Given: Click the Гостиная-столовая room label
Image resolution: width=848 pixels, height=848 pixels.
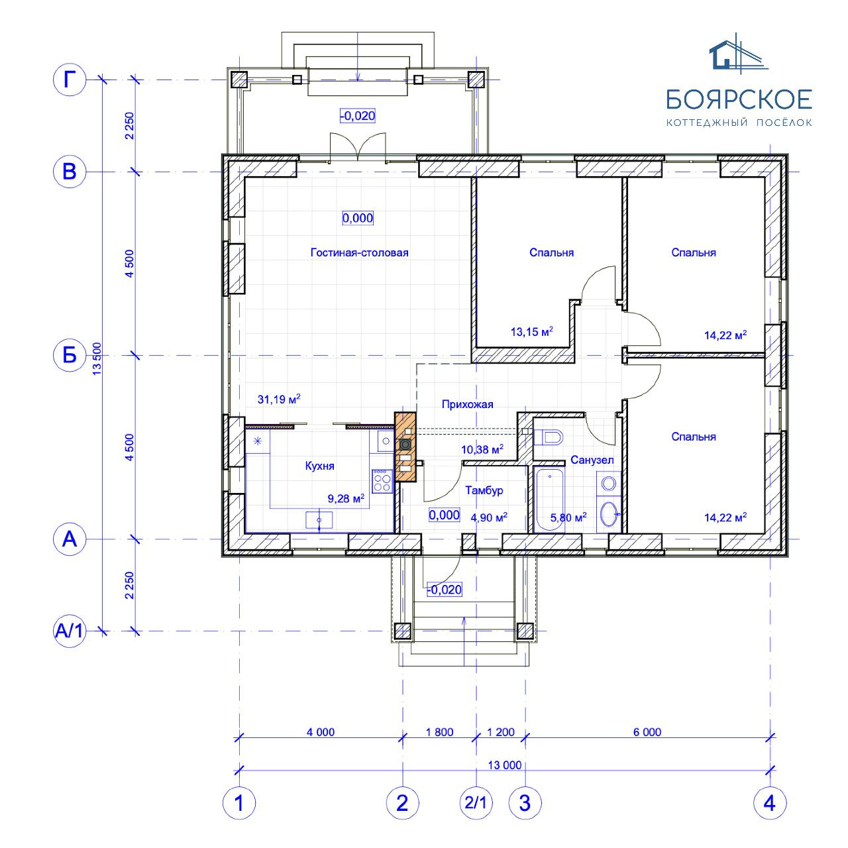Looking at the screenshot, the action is [359, 252].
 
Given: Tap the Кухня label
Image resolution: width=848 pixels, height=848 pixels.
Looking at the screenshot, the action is [319, 466].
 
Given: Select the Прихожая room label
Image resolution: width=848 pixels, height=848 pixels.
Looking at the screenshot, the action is [467, 404].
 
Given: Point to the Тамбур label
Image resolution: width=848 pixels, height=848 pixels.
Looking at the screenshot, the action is [484, 490].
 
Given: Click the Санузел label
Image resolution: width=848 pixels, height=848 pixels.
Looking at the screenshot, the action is [592, 460].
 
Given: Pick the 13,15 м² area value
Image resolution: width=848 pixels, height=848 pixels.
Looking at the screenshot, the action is [531, 331].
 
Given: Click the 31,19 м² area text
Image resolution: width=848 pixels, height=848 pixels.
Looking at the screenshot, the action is [278, 399].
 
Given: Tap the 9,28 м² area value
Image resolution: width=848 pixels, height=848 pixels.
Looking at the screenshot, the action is [346, 498].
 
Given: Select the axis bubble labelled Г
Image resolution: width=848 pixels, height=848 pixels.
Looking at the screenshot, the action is [69, 79].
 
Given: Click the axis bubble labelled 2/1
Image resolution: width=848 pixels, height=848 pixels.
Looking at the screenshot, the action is [476, 803].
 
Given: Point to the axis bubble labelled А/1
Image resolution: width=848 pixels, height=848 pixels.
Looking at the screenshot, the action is [69, 631].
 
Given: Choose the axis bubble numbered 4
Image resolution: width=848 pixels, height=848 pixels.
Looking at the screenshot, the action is [770, 803].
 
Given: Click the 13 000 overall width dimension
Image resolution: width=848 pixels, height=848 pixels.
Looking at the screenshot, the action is [504, 765].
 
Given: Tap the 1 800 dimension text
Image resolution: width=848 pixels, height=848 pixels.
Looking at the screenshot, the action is [439, 732].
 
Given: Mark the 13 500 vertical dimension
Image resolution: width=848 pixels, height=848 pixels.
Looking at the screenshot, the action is [97, 358].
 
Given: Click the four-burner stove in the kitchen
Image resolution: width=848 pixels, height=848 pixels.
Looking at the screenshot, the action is [382, 481].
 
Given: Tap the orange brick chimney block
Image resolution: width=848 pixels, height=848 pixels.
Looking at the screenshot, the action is [405, 447].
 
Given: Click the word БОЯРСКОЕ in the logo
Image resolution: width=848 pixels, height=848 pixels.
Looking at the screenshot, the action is [739, 99].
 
